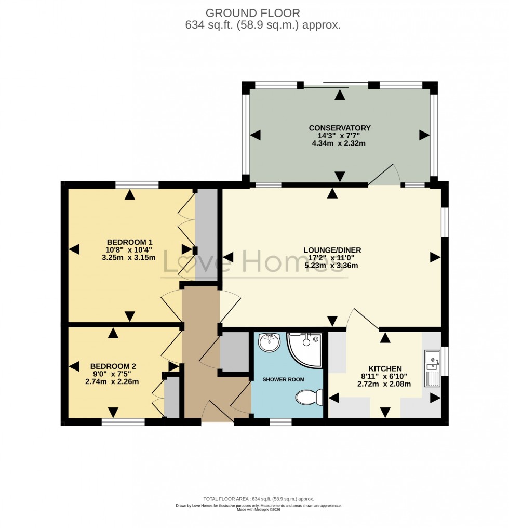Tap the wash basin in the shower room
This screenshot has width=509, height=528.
pos(270,342)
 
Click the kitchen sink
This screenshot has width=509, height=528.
pos(432,368)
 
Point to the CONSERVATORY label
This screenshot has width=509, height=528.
pos(340,128)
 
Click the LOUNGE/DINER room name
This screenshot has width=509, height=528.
pos(332,250)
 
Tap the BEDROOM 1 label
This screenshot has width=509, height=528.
pos(129,242)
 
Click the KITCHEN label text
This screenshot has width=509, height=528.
pos(385,368)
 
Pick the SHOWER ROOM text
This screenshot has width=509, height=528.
pos(283,379)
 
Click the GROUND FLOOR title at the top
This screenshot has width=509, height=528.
pos(253,13)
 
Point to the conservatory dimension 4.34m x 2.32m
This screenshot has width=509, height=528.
pos(340,143)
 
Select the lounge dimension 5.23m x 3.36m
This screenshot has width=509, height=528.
pos(332,265)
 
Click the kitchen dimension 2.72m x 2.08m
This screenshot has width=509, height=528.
pos(385,384)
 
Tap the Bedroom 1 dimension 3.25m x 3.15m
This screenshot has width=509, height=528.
pos(129,257)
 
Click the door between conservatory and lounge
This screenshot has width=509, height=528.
pos(384,176)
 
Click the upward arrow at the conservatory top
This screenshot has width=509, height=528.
pos(340,95)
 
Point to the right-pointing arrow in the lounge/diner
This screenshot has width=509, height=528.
pos(434,257)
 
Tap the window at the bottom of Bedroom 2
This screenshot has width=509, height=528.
pos(123,423)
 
